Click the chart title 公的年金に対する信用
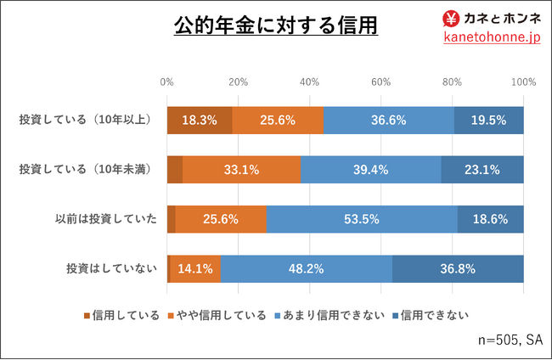[x=276, y=25]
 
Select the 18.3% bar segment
[x=200, y=120]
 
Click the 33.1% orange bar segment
[x=241, y=169]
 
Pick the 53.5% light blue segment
[x=362, y=218]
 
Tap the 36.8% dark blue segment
[x=458, y=268]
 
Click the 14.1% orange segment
[x=195, y=268]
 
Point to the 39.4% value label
[x=370, y=169]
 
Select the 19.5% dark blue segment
[x=488, y=120]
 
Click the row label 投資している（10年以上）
[x=87, y=120]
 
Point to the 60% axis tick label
[x=381, y=82]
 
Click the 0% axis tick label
[x=167, y=82]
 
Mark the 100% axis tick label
[x=524, y=82]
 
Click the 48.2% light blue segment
[x=307, y=268]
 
